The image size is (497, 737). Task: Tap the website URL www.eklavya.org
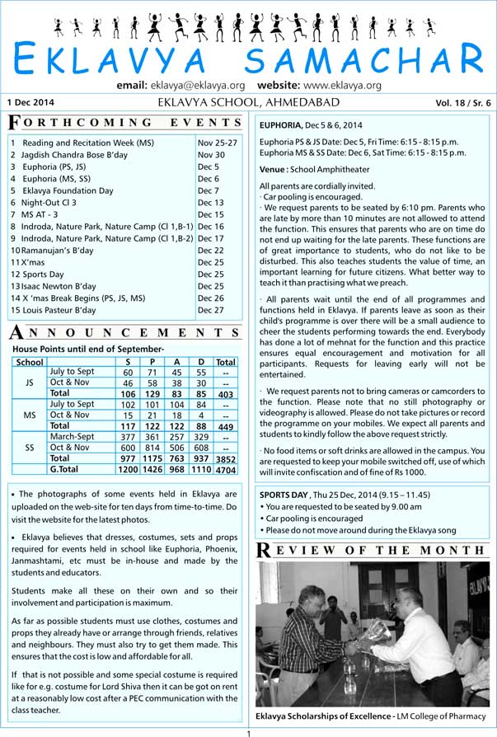point(342,86)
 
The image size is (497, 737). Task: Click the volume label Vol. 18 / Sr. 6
point(462,102)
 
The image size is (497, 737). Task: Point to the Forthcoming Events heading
point(125,124)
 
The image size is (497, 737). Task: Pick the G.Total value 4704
point(225,469)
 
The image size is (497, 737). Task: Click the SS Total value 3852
point(225,458)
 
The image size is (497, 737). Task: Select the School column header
point(30,362)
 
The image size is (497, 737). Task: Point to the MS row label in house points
point(30,415)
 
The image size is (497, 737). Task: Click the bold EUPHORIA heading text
point(285,125)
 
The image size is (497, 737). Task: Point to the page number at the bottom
point(247,732)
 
